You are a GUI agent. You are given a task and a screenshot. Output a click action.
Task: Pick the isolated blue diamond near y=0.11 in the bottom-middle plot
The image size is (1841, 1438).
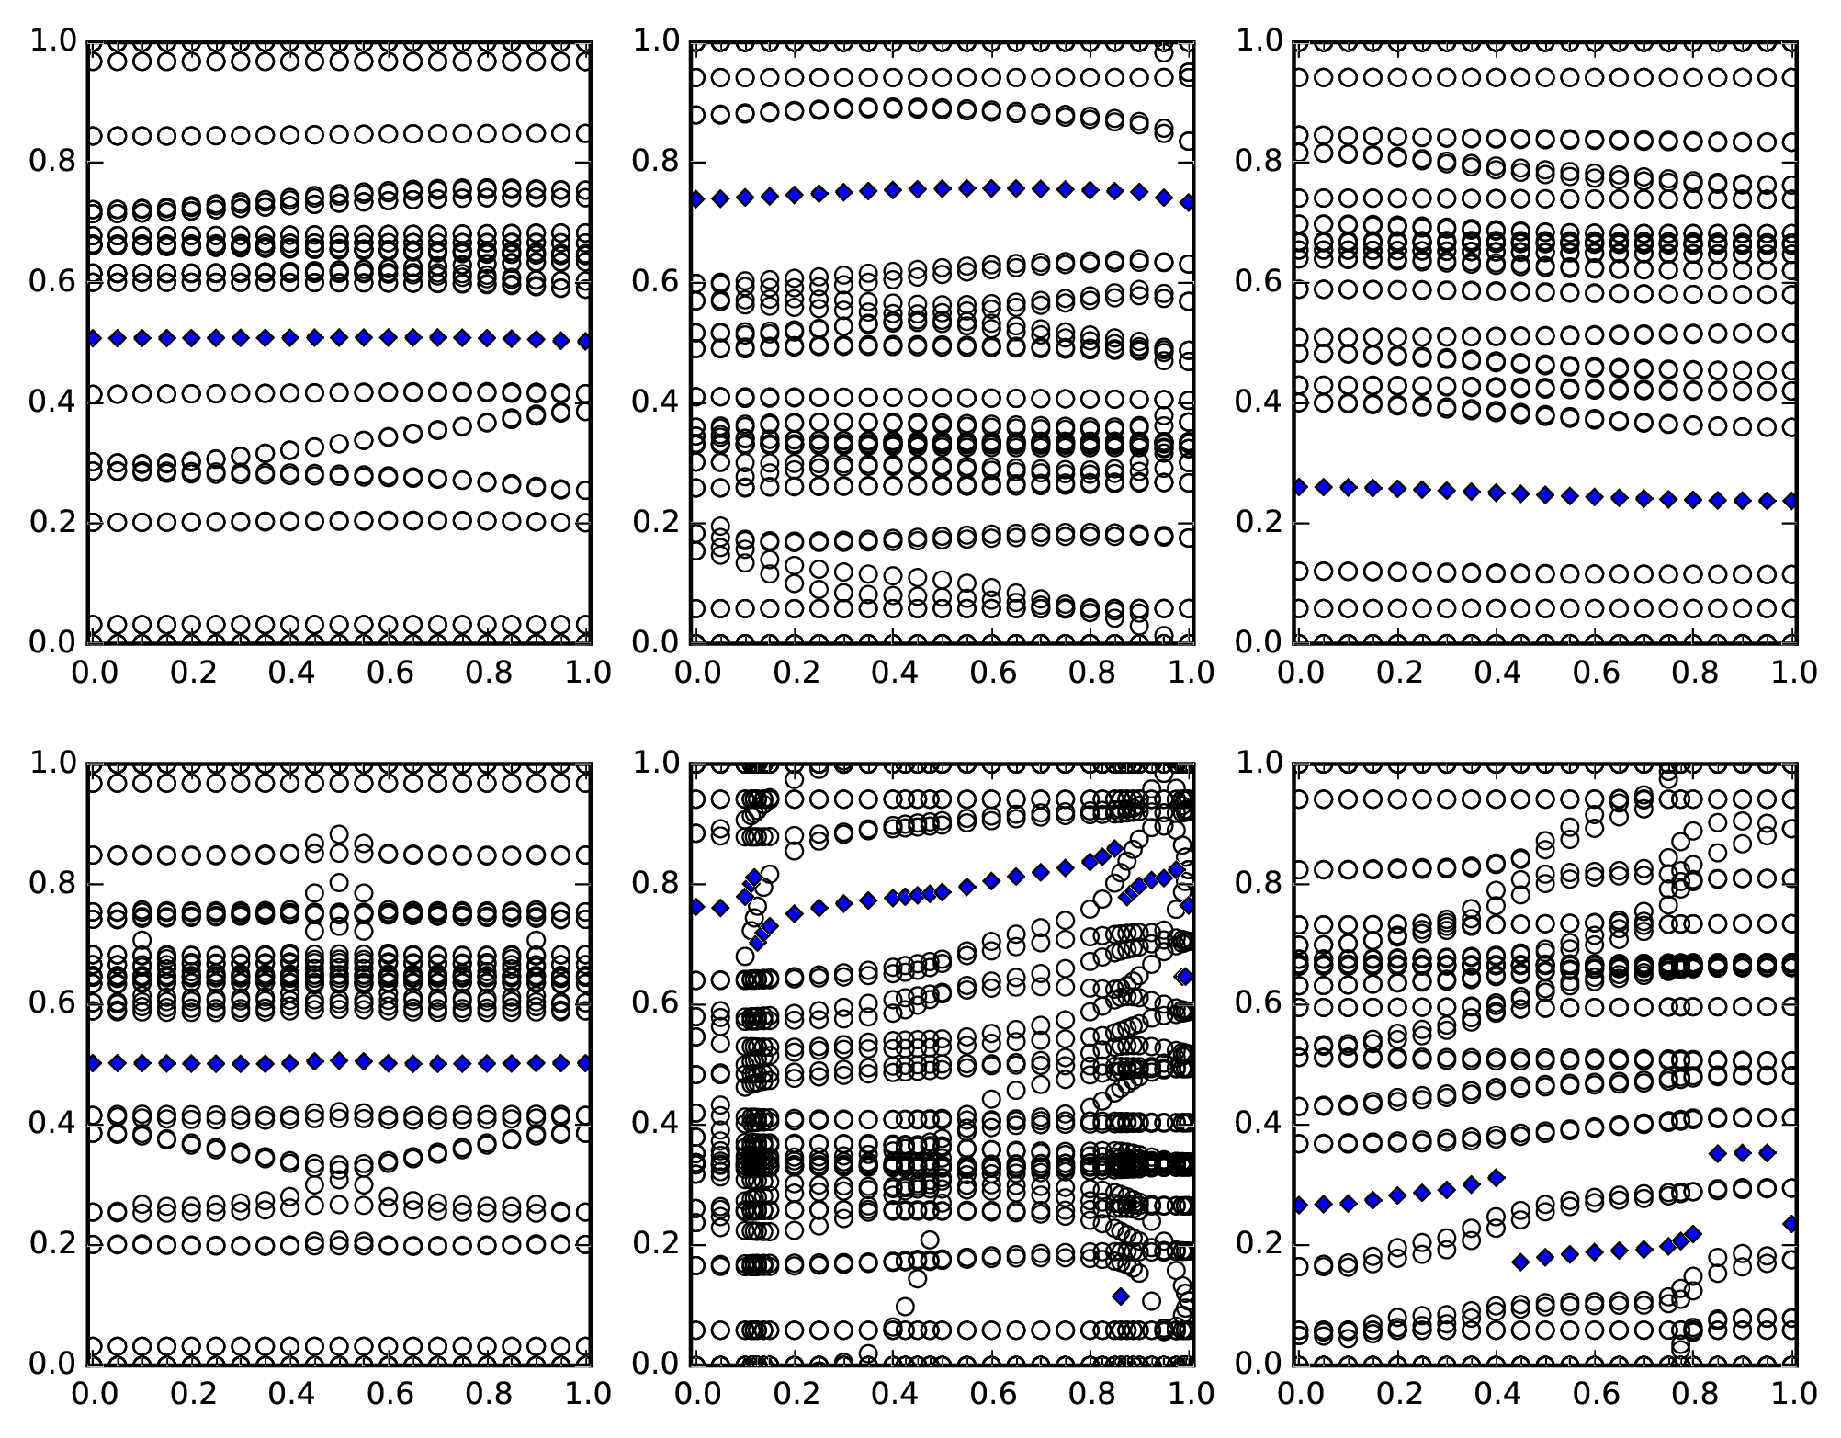(1120, 1296)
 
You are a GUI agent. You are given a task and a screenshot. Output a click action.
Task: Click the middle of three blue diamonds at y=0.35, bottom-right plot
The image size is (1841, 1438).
(1743, 1153)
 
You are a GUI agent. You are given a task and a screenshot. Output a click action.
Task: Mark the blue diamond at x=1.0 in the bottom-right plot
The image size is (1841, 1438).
(1791, 1224)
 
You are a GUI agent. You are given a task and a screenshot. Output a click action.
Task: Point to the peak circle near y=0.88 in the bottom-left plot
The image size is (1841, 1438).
(339, 835)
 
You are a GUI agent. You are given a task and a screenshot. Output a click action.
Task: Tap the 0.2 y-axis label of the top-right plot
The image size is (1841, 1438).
(1258, 523)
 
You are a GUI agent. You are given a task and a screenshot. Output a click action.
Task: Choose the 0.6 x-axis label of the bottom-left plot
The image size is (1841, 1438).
(390, 1394)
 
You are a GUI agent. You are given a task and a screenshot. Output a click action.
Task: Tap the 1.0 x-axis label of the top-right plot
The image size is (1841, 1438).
(1791, 673)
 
